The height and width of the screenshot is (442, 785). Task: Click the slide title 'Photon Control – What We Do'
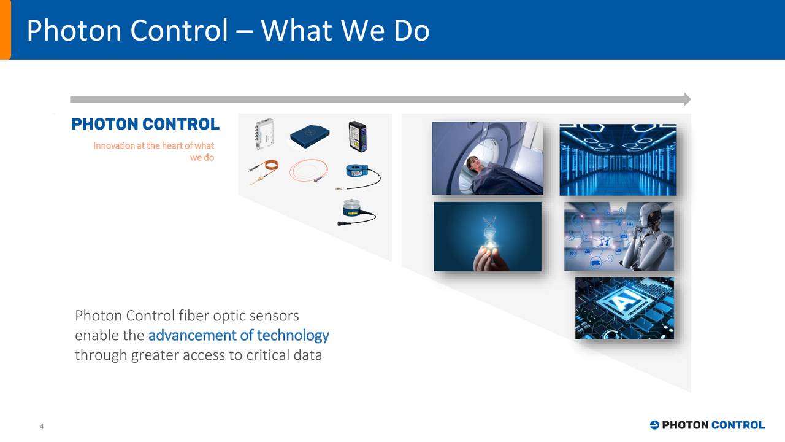tap(228, 30)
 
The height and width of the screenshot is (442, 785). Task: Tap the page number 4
tap(41, 427)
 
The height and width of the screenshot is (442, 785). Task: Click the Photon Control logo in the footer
tap(706, 425)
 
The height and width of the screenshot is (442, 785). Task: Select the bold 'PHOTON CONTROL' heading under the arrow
tap(145, 125)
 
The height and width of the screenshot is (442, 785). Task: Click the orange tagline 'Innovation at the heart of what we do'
tap(154, 151)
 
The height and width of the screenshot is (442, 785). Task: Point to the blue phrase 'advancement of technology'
tap(239, 335)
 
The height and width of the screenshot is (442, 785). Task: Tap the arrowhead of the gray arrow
tap(687, 99)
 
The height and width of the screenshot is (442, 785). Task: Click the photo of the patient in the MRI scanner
tap(487, 158)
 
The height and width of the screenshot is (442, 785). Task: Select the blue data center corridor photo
tap(618, 160)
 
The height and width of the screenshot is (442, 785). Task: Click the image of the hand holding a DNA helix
tap(487, 236)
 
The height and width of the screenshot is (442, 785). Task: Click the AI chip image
tap(624, 308)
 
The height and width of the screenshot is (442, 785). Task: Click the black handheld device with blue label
tap(357, 136)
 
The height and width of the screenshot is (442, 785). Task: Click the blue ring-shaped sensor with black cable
tap(360, 174)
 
